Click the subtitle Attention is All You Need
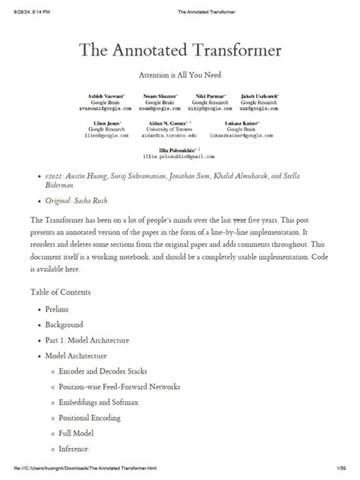click(180, 77)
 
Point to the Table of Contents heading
click(60, 292)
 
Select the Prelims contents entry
click(57, 310)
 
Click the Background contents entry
click(65, 324)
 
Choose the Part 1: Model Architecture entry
click(88, 339)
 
